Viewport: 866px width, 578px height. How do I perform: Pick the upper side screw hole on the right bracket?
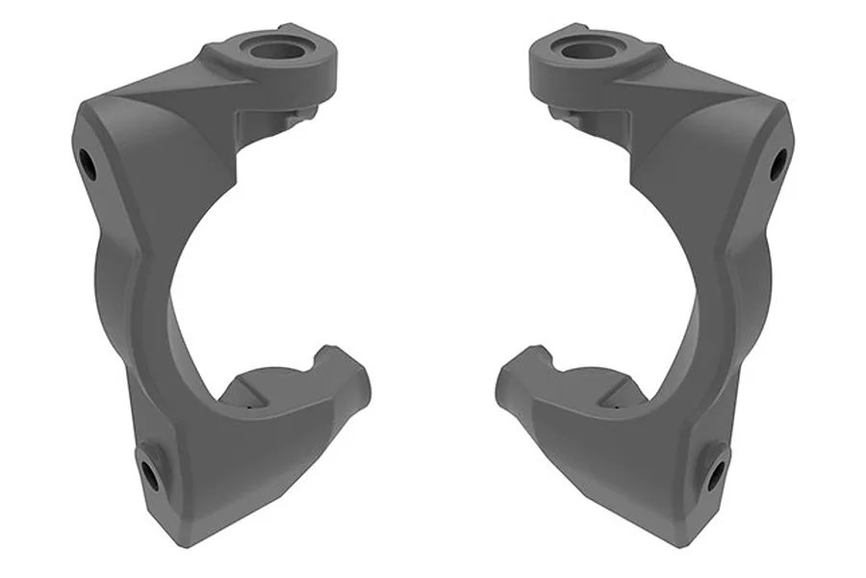click(777, 164)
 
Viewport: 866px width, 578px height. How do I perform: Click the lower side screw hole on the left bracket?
click(149, 472)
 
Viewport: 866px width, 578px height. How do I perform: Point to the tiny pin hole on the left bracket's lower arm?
click(251, 406)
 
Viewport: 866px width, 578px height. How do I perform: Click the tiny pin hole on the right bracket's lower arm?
click(614, 406)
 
